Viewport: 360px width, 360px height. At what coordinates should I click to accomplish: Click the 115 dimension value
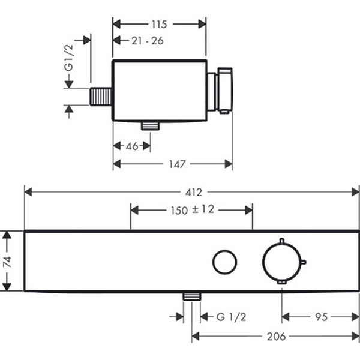click(159, 25)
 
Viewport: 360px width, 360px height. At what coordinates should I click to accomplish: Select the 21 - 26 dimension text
click(148, 41)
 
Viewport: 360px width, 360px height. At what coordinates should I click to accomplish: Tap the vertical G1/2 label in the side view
click(69, 58)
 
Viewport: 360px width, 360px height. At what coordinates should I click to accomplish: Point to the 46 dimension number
click(132, 146)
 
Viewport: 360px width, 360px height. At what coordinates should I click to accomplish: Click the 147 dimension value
click(177, 164)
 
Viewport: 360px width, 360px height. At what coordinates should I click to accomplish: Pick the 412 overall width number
click(194, 193)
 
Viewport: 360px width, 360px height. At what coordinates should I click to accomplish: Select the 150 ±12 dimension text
click(193, 210)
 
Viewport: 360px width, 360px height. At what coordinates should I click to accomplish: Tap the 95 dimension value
click(321, 317)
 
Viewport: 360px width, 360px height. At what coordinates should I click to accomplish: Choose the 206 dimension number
click(276, 337)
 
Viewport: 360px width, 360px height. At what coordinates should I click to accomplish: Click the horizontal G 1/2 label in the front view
click(231, 317)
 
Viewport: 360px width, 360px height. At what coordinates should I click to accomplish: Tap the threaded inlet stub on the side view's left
click(101, 97)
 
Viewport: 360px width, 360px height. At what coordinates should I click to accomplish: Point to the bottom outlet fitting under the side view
click(151, 126)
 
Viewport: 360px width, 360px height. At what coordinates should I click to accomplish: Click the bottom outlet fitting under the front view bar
click(192, 296)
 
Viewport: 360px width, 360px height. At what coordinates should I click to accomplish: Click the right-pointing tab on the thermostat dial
click(304, 262)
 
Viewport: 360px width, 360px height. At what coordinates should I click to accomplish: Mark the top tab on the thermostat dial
click(282, 241)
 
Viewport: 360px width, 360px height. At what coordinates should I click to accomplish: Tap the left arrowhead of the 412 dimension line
click(28, 192)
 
